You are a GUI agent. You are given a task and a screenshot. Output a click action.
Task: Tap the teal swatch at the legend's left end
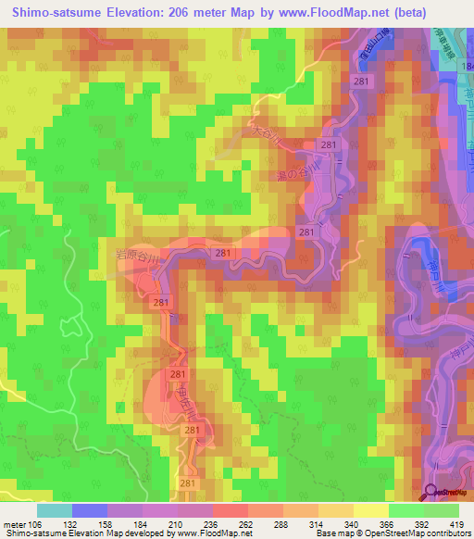55,510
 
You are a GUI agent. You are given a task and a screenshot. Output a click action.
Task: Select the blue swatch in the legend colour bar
89,510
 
